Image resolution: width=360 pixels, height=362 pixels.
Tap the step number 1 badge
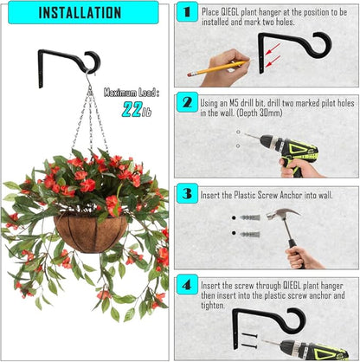[185, 13]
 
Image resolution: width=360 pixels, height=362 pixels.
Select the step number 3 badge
[185, 191]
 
